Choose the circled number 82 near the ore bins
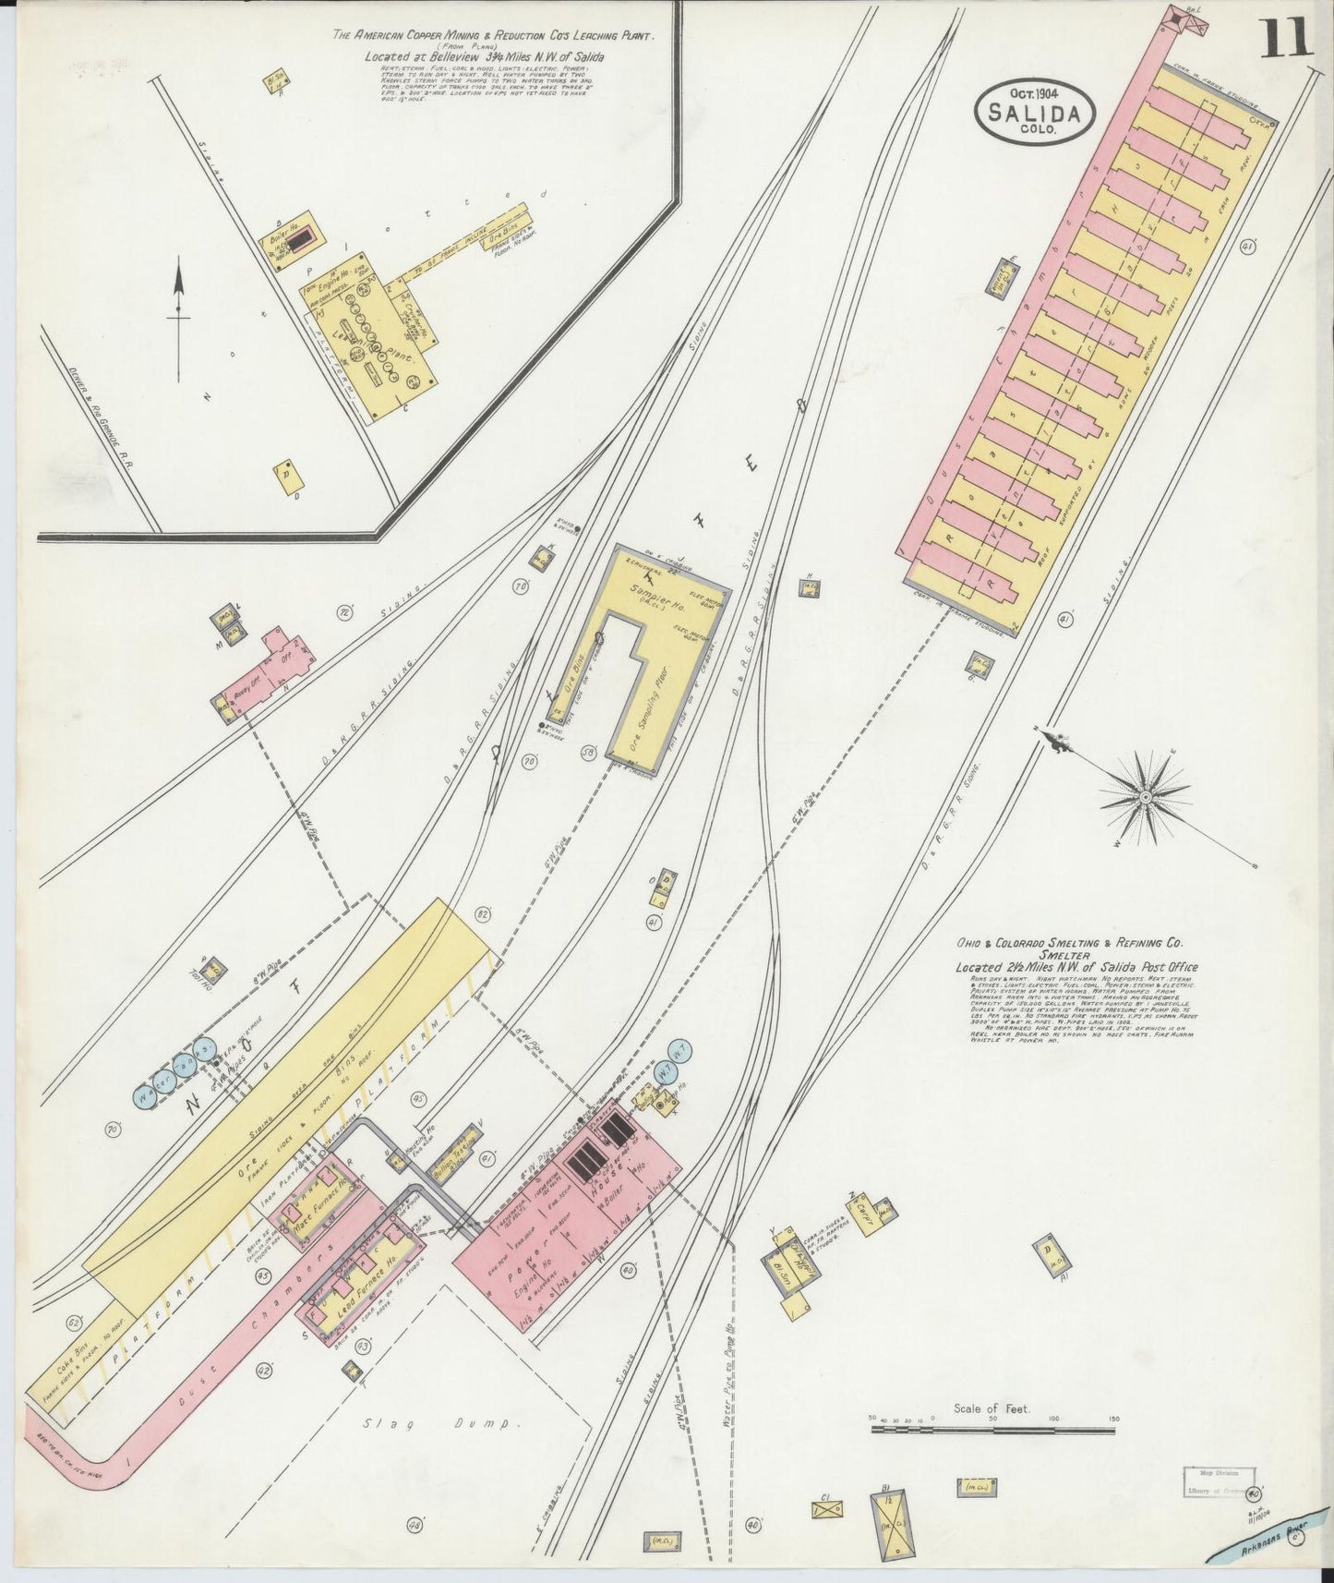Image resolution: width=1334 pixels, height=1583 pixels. click(481, 914)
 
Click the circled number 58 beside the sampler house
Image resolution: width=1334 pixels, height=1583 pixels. click(586, 753)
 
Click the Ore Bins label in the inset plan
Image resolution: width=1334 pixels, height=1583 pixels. click(500, 224)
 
